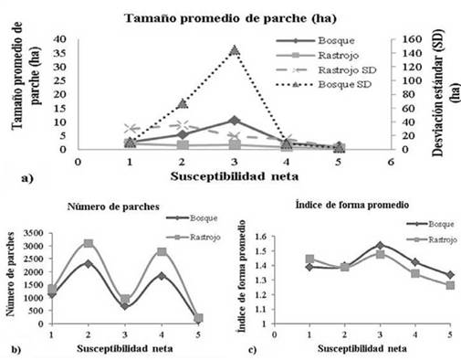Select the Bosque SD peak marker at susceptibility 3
235,50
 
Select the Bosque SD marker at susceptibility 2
183,103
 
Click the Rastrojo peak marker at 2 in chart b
89,243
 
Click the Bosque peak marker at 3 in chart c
381,245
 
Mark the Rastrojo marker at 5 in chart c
448,285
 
